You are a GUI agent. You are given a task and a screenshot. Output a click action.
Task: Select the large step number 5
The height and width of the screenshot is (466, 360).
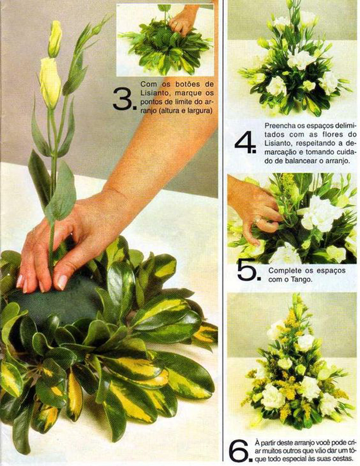click(x=248, y=270)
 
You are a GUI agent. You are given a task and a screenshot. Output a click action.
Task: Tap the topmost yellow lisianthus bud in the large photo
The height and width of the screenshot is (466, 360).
click(x=55, y=38)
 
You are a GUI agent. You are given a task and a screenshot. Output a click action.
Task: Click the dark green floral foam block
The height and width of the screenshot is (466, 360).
click(x=56, y=300)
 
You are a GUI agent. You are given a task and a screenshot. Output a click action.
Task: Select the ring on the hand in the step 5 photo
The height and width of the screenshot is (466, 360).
click(x=258, y=221)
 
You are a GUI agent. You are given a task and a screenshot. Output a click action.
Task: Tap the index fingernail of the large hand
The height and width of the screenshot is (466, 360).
click(x=62, y=282)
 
